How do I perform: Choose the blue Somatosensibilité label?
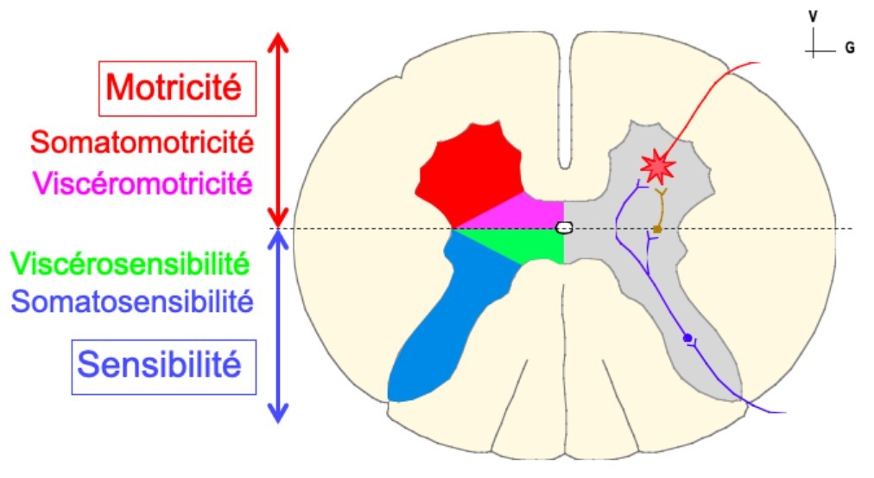[133, 303]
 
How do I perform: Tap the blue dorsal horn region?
[449, 320]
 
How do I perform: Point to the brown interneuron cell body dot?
[657, 229]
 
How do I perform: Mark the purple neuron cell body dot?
[687, 338]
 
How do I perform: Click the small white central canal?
[564, 228]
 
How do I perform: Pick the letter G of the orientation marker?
[851, 49]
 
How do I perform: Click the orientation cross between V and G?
[814, 49]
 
